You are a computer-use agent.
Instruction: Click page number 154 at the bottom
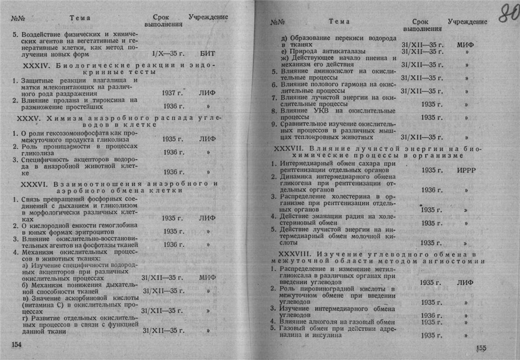coord(16,344)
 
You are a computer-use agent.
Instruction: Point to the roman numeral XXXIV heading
coord(37,65)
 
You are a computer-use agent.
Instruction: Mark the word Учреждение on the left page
coord(208,17)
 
